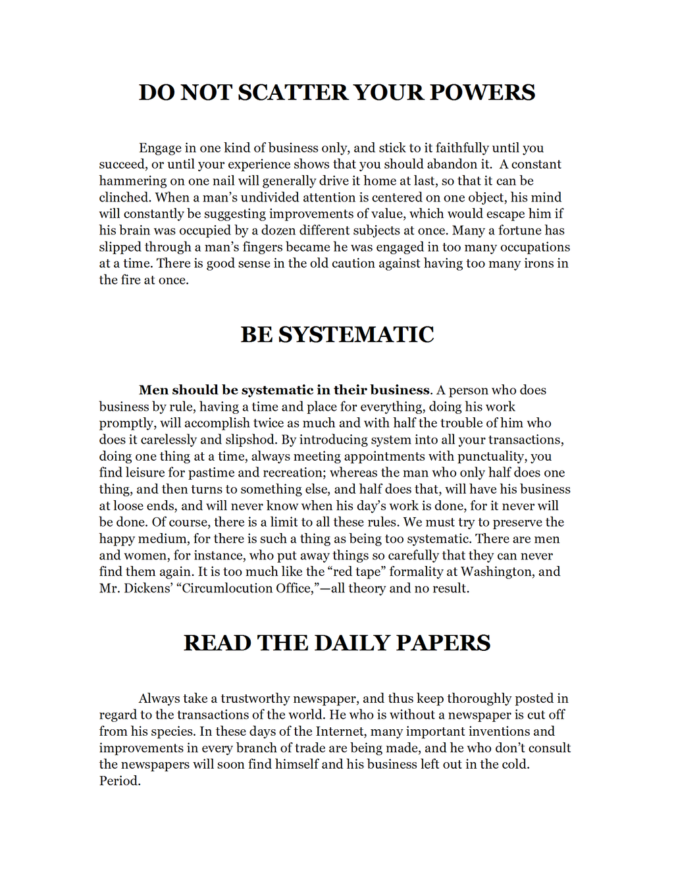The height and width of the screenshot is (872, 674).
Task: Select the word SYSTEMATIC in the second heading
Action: pyautogui.click(x=356, y=334)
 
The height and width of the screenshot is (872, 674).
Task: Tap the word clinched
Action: pyautogui.click(x=125, y=197)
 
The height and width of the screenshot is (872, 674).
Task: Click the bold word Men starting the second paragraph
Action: pyautogui.click(x=153, y=390)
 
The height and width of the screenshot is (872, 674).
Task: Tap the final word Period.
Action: pyautogui.click(x=120, y=781)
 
